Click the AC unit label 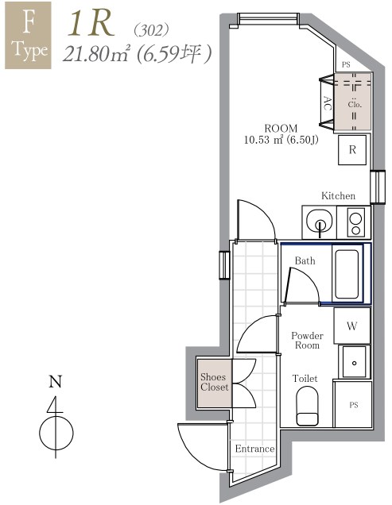coord(327,102)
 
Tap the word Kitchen coord(338,196)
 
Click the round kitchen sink coord(319,221)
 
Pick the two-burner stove coord(355,221)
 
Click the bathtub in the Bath coord(348,274)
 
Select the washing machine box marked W coord(351,325)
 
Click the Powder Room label coord(306,341)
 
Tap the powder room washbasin coord(351,361)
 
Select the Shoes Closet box coord(215,382)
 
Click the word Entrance coord(254,449)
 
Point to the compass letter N coord(55,382)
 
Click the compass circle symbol coord(56,433)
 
